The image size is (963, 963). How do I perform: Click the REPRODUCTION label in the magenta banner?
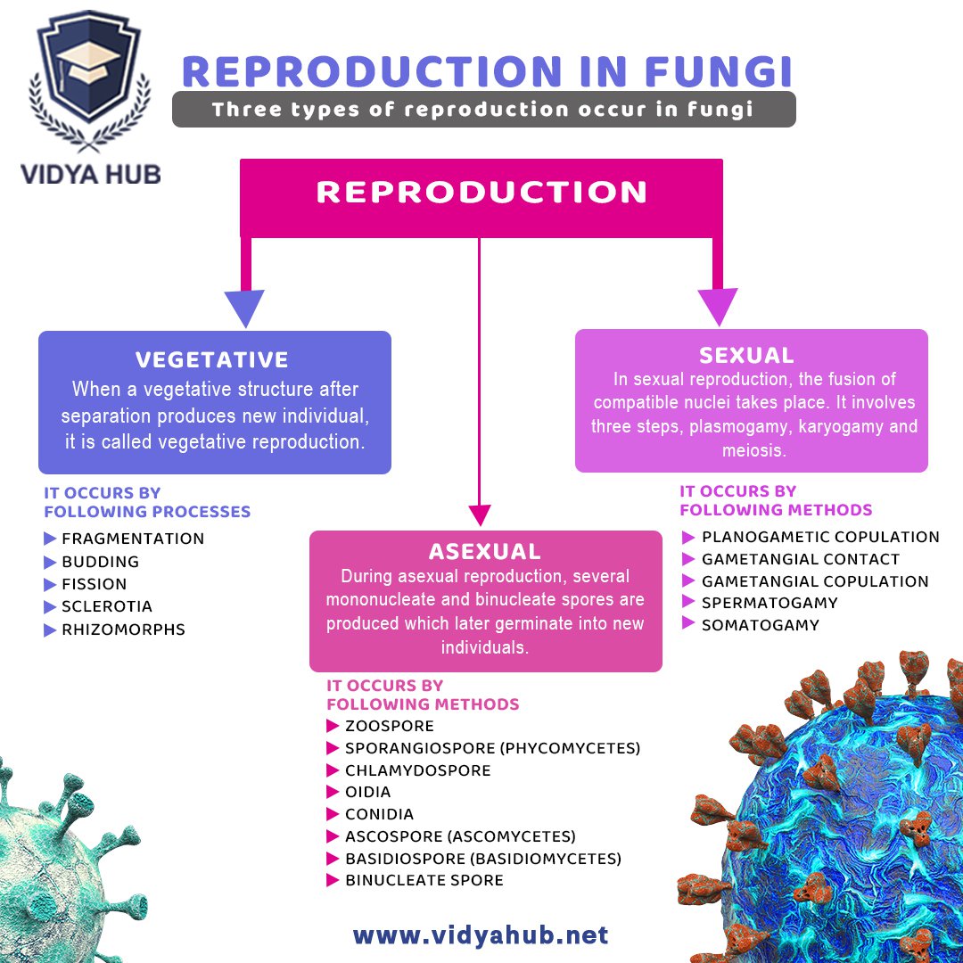[481, 192]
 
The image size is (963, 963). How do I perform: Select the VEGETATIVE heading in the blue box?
[212, 360]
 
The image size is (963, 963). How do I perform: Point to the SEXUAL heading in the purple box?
[747, 355]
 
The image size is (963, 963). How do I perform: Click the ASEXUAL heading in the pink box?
[485, 551]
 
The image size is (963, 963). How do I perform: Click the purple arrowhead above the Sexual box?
[718, 306]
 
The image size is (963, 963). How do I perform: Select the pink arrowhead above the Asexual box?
[480, 514]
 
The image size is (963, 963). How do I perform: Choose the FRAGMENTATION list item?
[133, 539]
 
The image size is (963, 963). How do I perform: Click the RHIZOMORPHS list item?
[123, 630]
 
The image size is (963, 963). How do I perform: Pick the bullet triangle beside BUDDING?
[50, 562]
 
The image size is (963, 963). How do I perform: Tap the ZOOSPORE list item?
[390, 726]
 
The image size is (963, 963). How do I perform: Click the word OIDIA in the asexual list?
[367, 792]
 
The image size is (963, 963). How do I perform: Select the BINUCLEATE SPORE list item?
[424, 880]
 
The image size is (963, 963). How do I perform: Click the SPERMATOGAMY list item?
[770, 603]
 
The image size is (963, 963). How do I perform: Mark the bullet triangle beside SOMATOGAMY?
[688, 624]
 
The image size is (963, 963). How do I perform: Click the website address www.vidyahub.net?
[481, 935]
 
